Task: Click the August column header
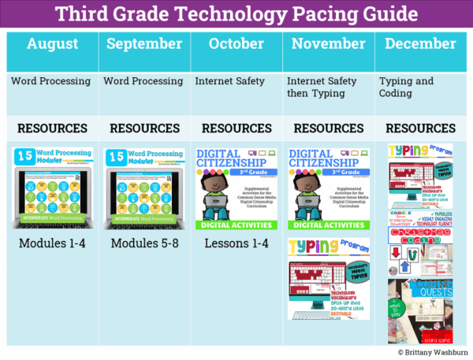52,44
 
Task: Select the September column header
143,44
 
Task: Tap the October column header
236,44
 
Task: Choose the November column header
327,44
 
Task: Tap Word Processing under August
50,80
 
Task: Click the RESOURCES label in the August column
52,128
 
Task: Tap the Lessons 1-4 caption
236,243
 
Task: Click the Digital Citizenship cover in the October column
236,188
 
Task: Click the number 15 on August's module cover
23,158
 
